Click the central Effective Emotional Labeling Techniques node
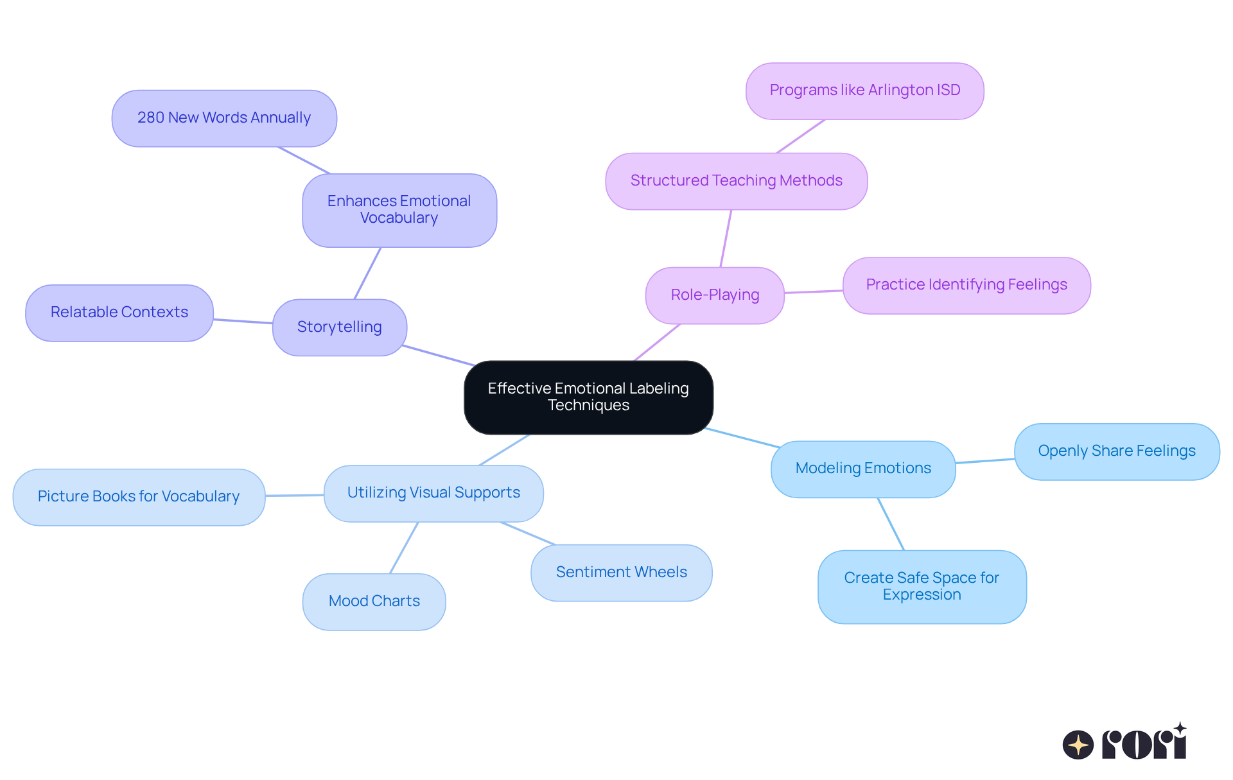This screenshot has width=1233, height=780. click(588, 397)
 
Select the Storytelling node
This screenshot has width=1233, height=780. click(339, 327)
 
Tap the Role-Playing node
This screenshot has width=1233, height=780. click(715, 295)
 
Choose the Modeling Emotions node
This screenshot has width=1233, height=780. click(862, 468)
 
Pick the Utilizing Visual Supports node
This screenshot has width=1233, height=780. click(433, 492)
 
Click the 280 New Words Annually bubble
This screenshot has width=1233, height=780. click(224, 117)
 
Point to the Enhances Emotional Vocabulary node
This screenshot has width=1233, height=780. click(399, 209)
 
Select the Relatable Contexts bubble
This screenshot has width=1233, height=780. click(119, 312)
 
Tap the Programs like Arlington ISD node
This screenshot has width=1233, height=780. click(864, 90)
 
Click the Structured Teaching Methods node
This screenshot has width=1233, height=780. click(736, 180)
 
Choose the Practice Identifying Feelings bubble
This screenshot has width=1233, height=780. click(966, 284)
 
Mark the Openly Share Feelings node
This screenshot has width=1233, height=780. click(1116, 451)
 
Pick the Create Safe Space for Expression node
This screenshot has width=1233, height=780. click(922, 586)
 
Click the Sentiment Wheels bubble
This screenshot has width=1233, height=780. click(621, 572)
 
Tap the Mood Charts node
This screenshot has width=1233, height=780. click(374, 601)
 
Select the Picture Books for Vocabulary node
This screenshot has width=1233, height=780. click(139, 496)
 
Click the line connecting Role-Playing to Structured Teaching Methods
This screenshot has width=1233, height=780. click(726, 239)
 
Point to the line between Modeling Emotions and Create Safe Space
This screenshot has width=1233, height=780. click(891, 524)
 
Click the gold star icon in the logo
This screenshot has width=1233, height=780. click(1078, 745)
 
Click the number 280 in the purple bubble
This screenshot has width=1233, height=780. click(151, 117)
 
